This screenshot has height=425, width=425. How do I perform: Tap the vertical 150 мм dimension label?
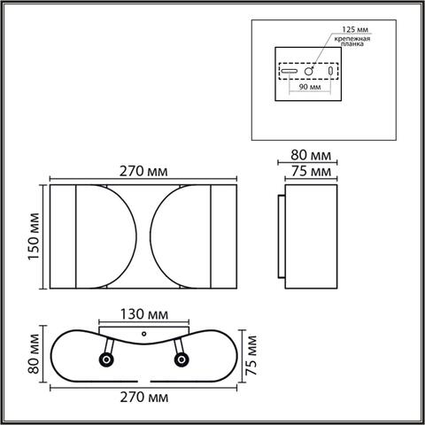[35, 239]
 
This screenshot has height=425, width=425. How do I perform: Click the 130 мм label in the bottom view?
[144, 314]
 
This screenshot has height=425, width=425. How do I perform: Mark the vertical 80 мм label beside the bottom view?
[34, 358]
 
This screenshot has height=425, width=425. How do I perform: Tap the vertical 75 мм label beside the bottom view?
[253, 356]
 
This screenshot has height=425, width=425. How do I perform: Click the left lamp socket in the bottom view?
[107, 359]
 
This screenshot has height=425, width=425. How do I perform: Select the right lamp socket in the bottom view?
[182, 359]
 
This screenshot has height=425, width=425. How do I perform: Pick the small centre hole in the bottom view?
[144, 336]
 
